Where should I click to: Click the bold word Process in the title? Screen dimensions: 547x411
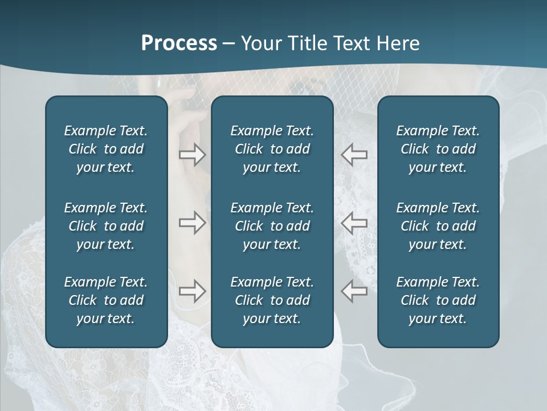coord(179,43)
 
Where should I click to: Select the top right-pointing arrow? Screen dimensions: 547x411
coord(192,155)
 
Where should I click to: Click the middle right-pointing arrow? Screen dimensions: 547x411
coord(192,223)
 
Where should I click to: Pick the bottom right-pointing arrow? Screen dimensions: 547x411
coord(192,291)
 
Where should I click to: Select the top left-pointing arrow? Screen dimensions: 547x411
coord(354,155)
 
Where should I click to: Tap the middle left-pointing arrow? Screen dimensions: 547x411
coord(354,223)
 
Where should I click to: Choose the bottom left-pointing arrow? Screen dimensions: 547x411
coord(354,291)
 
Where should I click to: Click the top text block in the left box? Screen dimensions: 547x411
coord(106,149)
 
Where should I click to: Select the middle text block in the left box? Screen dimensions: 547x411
coord(106,226)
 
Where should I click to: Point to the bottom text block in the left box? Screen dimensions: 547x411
coord(106,300)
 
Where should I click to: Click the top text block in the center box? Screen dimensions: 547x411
coord(272,149)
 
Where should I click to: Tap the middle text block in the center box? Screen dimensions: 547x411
coord(272,226)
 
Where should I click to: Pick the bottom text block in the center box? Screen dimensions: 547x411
coord(272,300)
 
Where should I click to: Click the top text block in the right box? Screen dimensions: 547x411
coord(438,149)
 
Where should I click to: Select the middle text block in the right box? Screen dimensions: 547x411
coord(438,226)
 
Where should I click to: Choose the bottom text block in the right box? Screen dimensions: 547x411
coord(438,300)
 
